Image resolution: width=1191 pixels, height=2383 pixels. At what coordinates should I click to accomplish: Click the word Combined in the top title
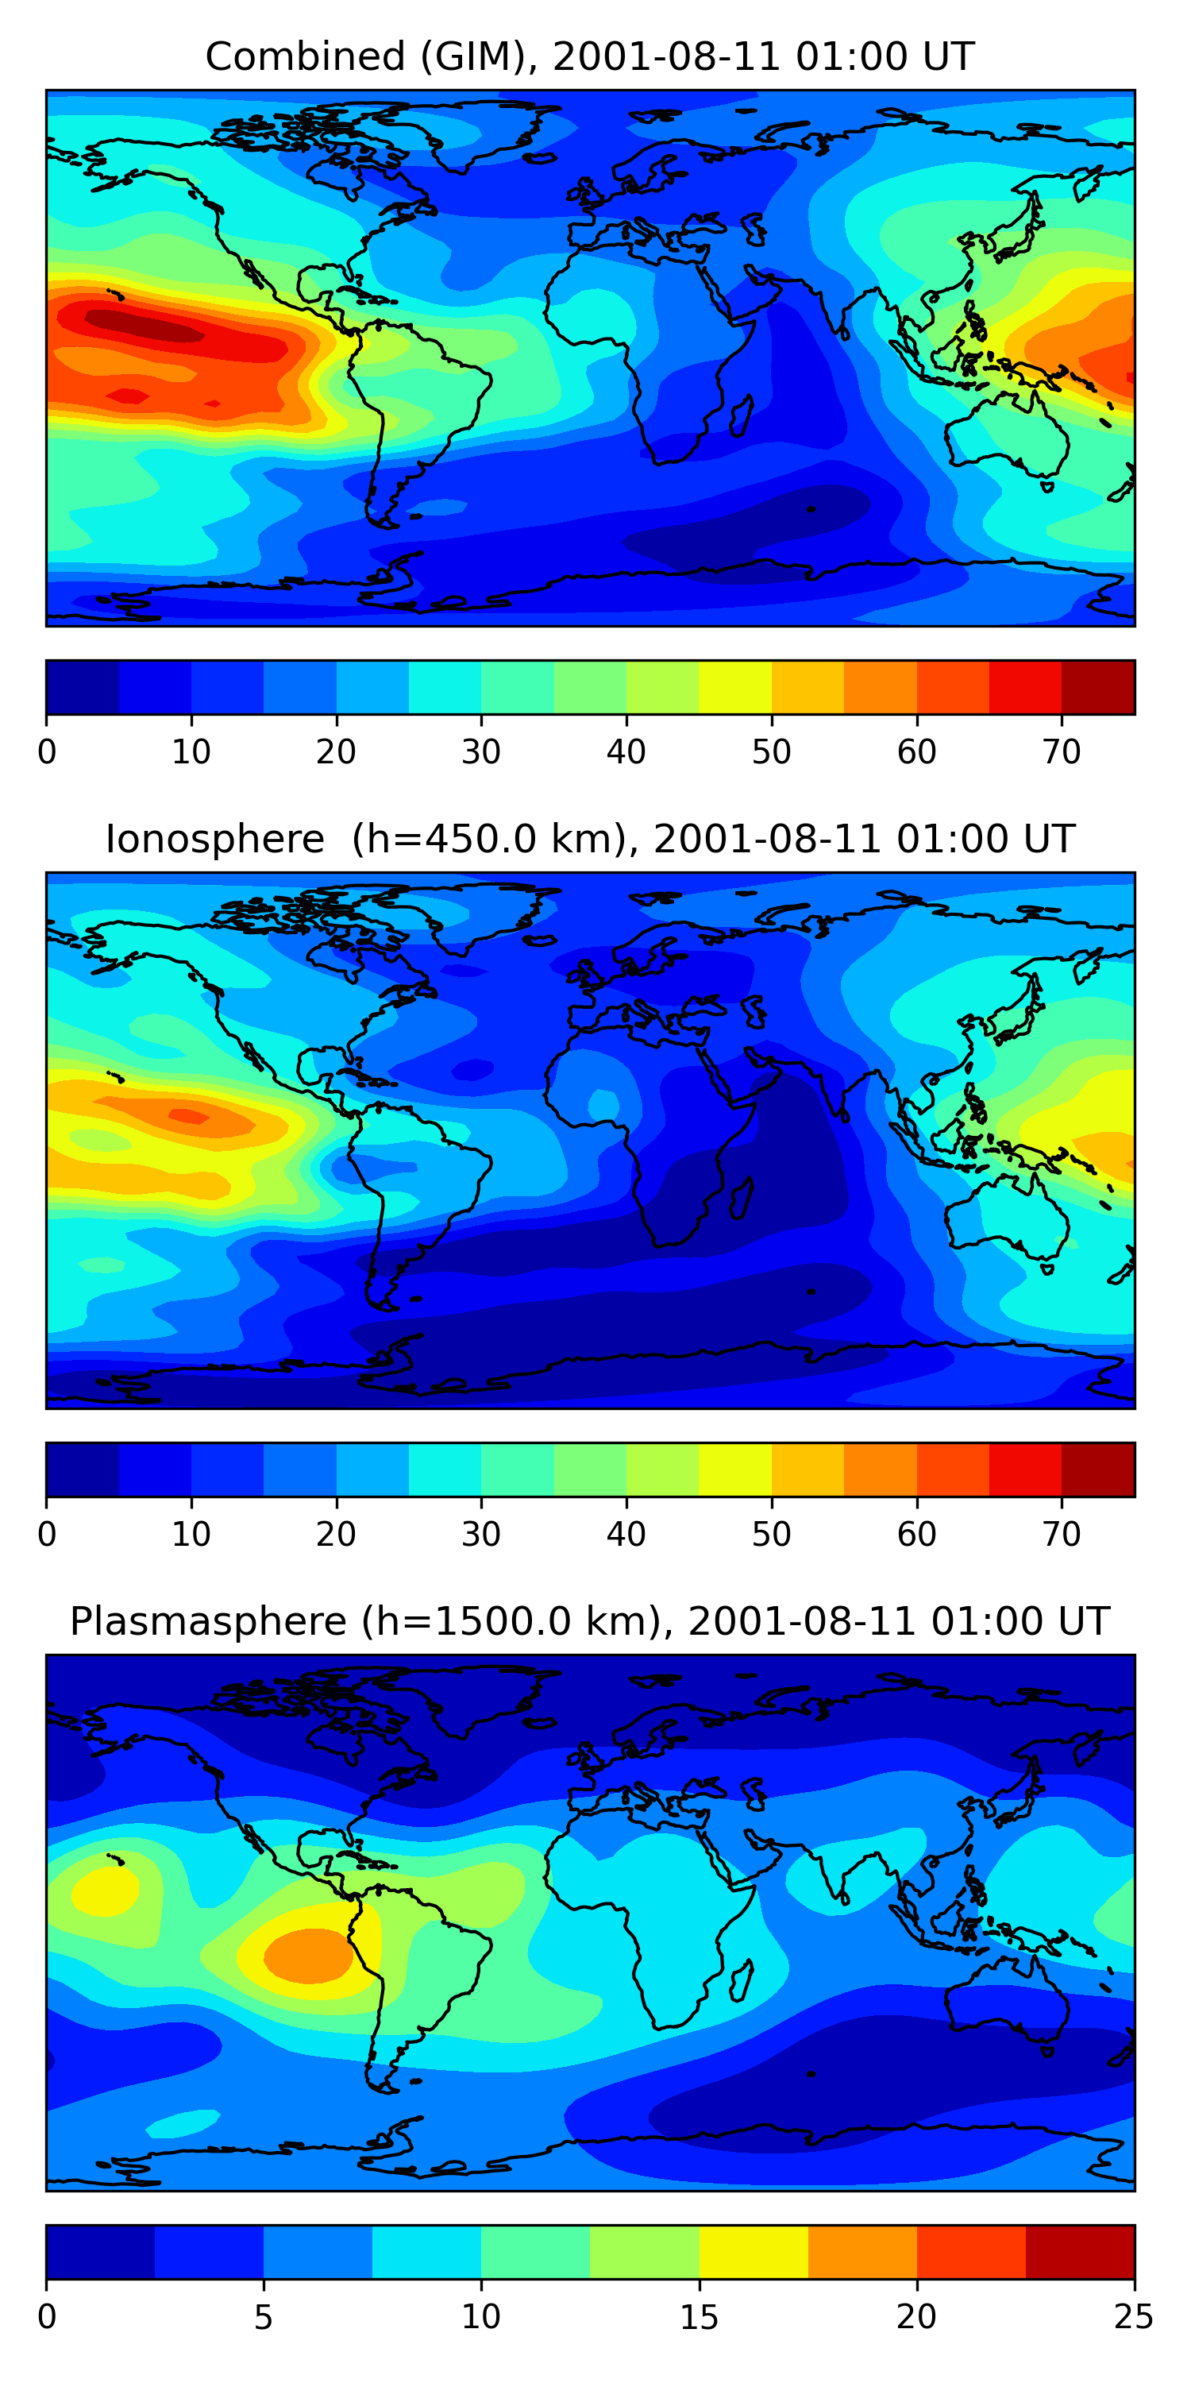pos(305,56)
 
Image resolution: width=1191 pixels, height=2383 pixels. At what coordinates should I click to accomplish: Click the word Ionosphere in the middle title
pos(214,839)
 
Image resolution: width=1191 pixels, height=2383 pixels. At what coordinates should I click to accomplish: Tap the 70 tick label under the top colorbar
pos(1062,752)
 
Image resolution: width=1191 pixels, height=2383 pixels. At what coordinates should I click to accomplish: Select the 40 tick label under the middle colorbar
pos(626,1534)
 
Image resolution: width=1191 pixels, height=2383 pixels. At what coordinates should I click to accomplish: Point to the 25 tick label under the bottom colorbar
pos(1133,2316)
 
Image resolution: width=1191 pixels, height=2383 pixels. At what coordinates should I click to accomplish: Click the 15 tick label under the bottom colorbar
pos(699,2316)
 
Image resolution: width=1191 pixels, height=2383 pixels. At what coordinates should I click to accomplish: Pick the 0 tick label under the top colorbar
pos(47,752)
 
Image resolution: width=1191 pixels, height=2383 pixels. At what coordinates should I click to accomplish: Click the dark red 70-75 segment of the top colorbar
pos(1097,687)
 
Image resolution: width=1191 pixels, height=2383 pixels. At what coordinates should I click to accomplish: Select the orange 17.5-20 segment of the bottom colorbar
pos(861,2252)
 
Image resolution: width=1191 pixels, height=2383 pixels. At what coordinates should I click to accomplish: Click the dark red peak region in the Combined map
pos(144,326)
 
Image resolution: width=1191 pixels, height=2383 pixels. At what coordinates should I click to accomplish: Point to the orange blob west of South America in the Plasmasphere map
pos(310,1955)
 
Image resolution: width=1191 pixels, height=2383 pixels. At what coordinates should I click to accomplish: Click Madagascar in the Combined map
pos(742,416)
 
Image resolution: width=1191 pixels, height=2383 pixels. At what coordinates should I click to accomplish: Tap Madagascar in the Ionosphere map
pos(742,1198)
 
